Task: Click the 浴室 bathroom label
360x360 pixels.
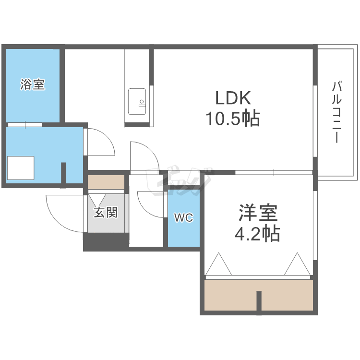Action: click(x=33, y=84)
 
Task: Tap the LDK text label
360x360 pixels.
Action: click(x=233, y=98)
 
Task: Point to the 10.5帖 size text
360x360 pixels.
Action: click(x=233, y=118)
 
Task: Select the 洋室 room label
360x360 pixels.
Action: click(x=258, y=212)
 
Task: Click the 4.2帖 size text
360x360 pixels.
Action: click(x=257, y=233)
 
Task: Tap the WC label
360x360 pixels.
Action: click(x=184, y=217)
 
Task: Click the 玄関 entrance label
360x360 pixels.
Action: click(x=106, y=212)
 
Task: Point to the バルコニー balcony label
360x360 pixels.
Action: click(x=336, y=112)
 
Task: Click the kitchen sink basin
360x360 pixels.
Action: click(x=137, y=101)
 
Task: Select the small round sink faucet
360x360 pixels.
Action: click(x=142, y=101)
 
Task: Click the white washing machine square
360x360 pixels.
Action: click(x=21, y=168)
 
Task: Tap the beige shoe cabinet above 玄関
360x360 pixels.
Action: click(x=106, y=182)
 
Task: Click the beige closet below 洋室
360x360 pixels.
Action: click(x=259, y=295)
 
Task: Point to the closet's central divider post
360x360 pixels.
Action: click(x=259, y=301)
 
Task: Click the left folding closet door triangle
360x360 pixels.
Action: click(x=218, y=264)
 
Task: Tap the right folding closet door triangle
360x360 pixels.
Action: click(x=297, y=264)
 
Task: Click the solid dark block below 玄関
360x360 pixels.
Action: click(x=106, y=242)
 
